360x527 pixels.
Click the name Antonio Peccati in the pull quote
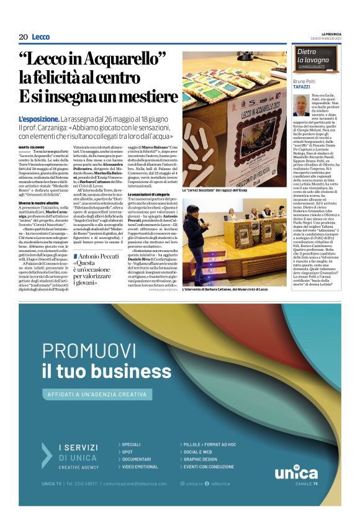[101, 257]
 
